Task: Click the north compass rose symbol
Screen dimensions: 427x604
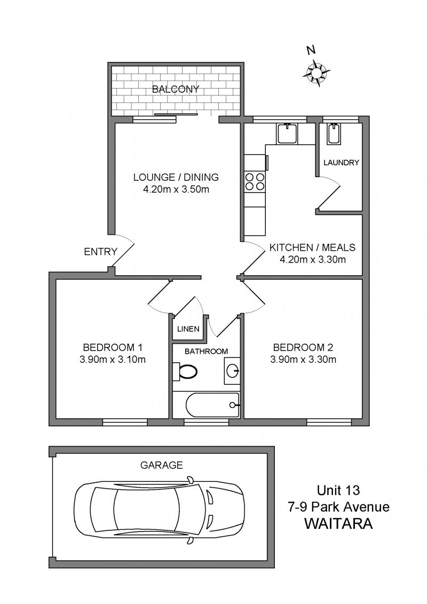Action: pos(315,71)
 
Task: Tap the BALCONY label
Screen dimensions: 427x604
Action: pos(176,89)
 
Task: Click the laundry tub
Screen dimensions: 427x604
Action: pos(334,134)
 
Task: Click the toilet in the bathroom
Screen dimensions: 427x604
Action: pos(185,372)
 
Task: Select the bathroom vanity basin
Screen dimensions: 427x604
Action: pos(232,371)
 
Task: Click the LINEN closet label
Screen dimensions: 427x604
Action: pos(188,329)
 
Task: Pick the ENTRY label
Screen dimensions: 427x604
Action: pos(100,252)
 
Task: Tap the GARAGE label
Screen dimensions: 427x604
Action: pos(162,465)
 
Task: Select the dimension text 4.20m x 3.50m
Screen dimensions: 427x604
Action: pos(176,189)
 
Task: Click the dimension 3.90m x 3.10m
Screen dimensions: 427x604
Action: pos(113,360)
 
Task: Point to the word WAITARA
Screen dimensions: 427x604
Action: pos(339,524)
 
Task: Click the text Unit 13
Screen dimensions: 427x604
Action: pos(338,490)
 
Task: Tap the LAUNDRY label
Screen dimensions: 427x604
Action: pos(341,163)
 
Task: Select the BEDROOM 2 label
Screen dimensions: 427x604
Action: pos(303,347)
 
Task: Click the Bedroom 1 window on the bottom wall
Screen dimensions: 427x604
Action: pos(125,422)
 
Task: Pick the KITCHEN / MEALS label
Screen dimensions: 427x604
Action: pos(313,247)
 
